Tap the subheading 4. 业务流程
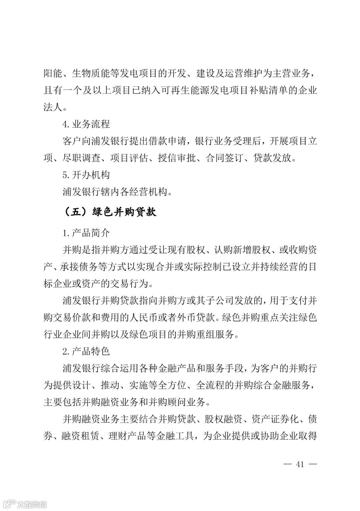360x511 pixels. pos(86,124)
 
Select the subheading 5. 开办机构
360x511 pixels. pos(86,175)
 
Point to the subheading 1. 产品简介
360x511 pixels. pos(86,233)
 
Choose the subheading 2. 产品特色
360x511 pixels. pos(86,351)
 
